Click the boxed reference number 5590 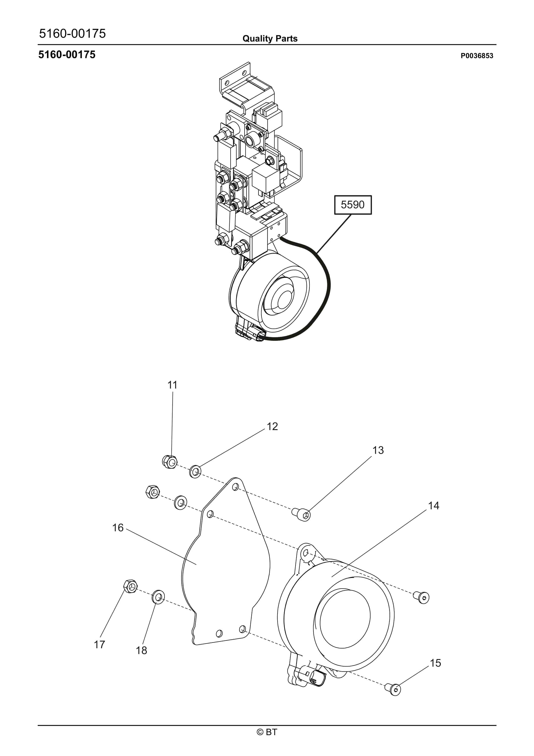353,205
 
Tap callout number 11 173,385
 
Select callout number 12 272,426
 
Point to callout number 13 378,450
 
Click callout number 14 433,506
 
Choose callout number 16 118,528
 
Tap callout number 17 99,645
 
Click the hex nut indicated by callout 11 170,462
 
